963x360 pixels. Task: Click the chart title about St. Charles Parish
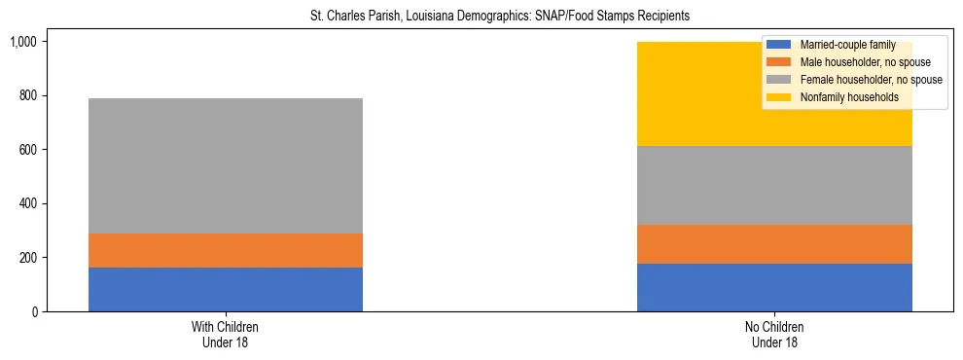481,17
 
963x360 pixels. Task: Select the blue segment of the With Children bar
226,289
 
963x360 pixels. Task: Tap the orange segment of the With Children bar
226,250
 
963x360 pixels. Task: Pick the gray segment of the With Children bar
226,165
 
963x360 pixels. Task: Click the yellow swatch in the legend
780,97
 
